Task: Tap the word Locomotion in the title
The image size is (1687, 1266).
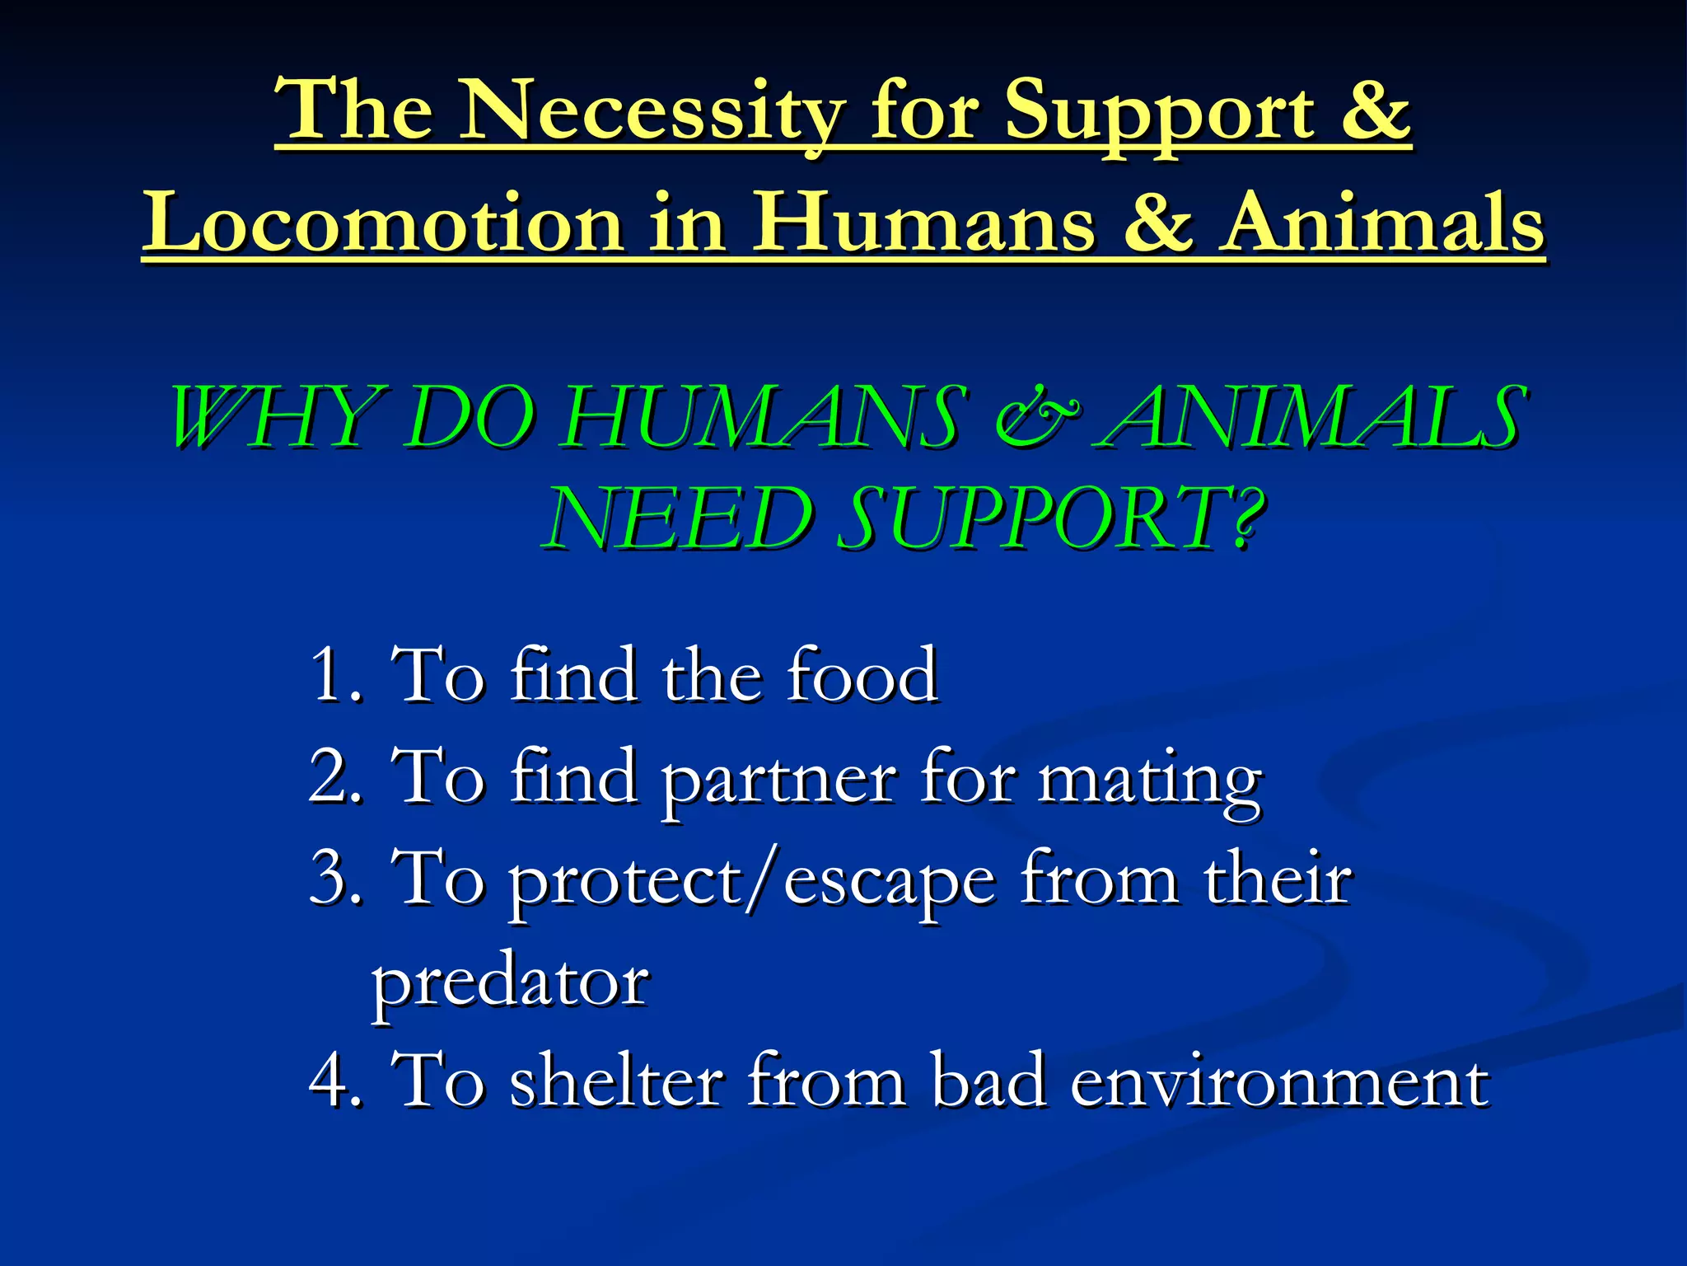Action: point(383,223)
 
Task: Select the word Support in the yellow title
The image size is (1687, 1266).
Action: point(1160,110)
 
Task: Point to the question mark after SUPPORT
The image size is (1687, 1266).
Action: point(1245,518)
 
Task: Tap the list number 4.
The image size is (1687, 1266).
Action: point(331,1081)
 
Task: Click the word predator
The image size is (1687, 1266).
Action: point(510,982)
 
